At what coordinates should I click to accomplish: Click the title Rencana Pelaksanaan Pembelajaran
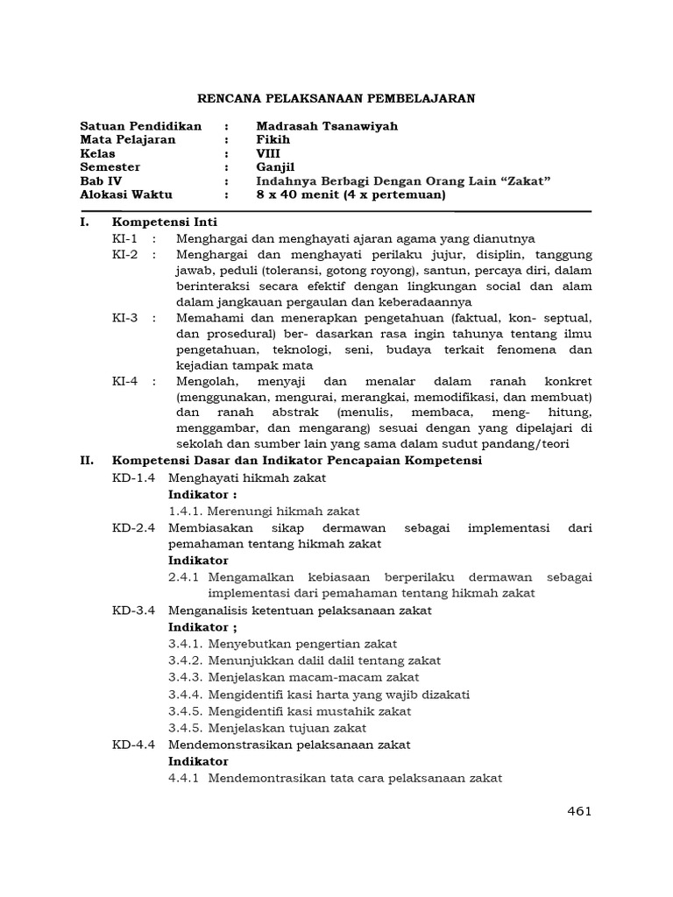pos(336,99)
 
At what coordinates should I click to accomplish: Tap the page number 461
pos(579,811)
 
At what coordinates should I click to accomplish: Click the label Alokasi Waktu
pos(126,194)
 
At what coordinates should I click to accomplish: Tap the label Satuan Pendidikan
pos(140,126)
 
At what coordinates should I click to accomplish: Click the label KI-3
pos(125,318)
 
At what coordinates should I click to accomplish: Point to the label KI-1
pos(125,238)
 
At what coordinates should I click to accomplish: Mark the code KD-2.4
pos(133,527)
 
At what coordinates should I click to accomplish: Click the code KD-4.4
pos(133,745)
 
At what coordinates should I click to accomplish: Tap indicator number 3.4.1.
pos(186,644)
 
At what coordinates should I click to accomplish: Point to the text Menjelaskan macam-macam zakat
pos(314,677)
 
